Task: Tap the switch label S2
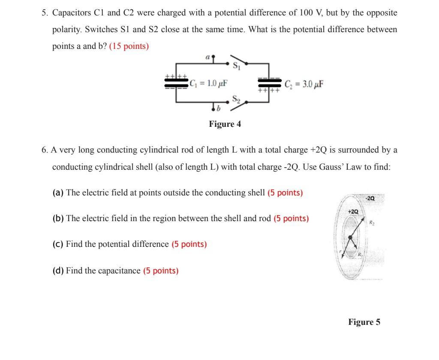(236, 99)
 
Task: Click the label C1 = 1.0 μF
(208, 83)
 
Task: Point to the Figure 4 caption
(225, 124)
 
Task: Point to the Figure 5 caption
(364, 322)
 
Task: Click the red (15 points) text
(129, 46)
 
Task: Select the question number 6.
(45, 150)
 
